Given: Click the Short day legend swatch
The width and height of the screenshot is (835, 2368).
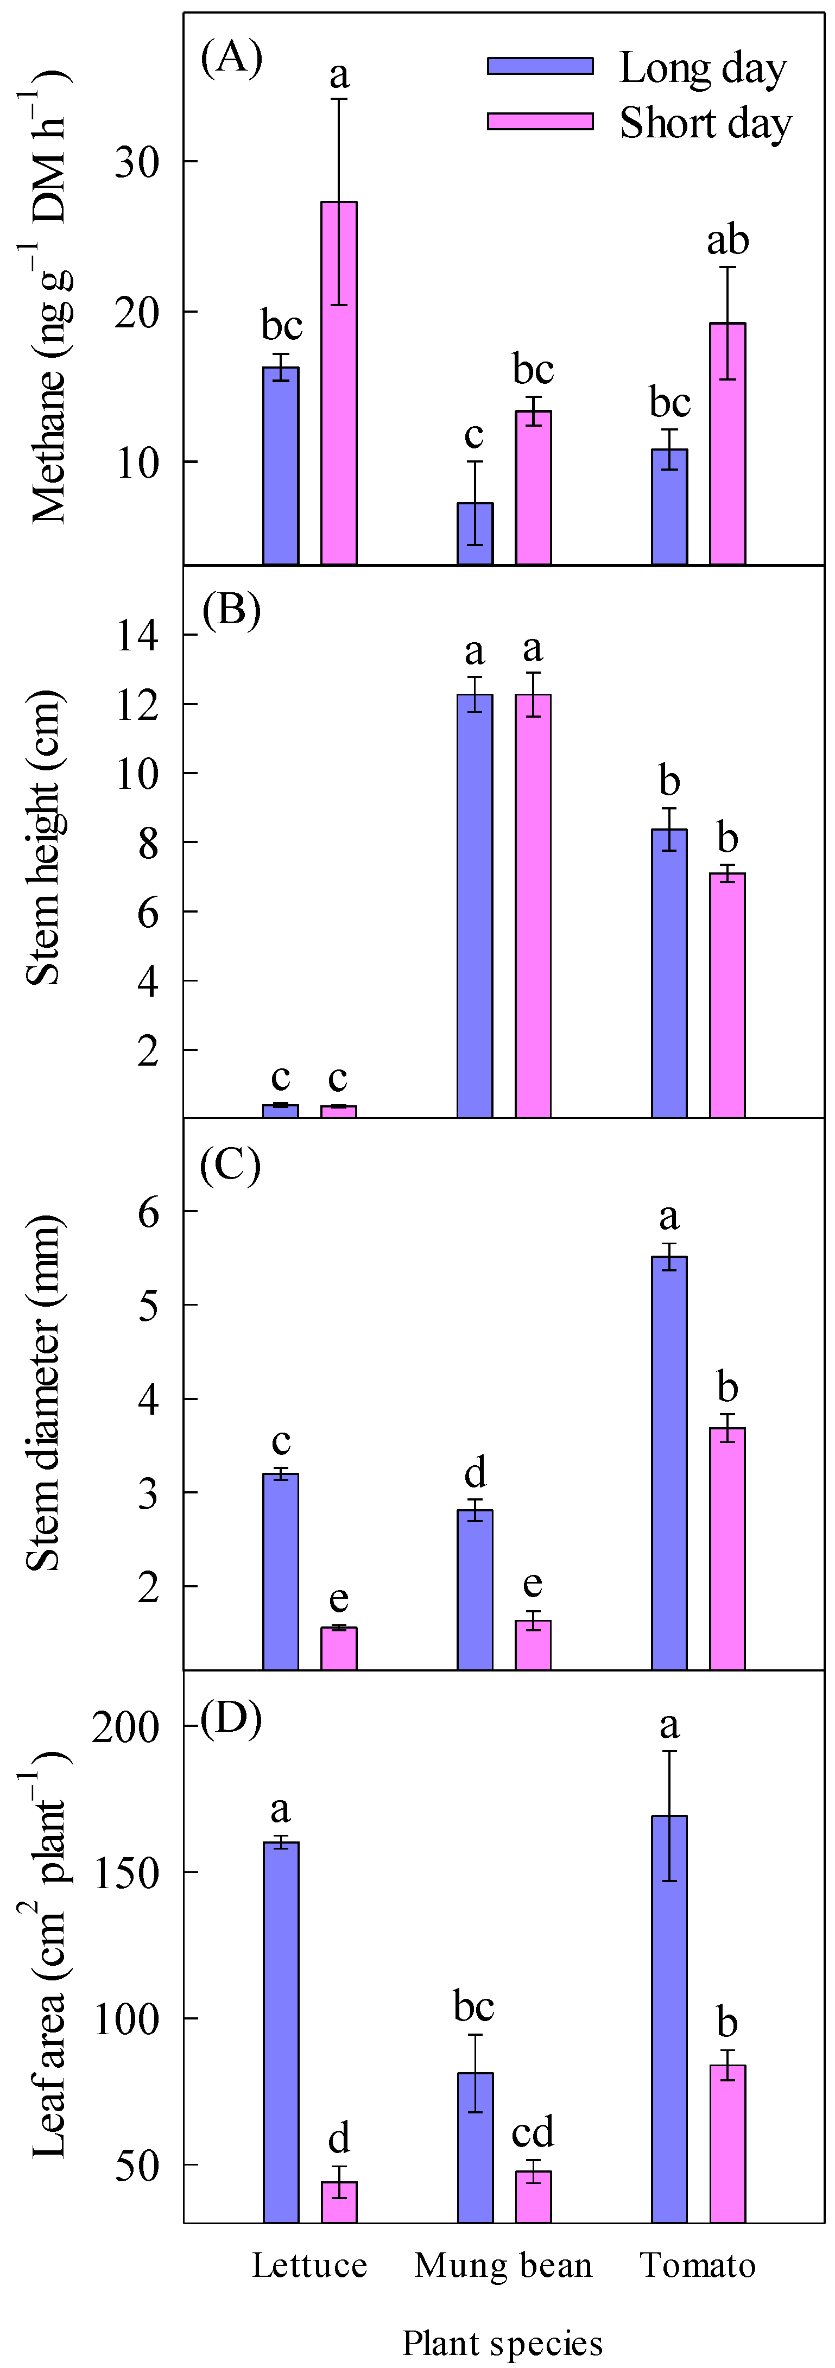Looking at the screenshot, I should [x=540, y=122].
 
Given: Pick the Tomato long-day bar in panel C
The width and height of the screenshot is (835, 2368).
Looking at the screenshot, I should [x=669, y=1461].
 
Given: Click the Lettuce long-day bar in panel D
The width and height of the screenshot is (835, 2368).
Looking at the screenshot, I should [x=281, y=2031].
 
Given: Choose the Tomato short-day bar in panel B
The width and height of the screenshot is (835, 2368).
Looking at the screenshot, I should [x=728, y=995].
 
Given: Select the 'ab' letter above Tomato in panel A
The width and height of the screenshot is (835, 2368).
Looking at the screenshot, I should [x=728, y=241].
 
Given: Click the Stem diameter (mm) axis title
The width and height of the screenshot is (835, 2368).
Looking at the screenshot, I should [x=43, y=1392].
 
